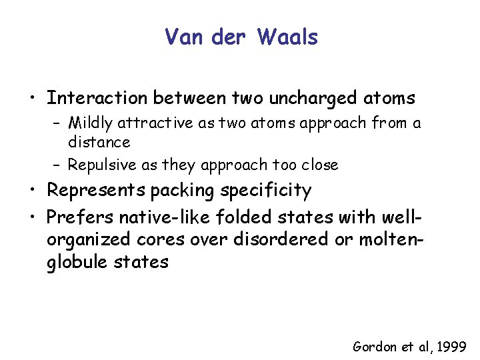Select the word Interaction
tap(97, 99)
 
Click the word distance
tap(99, 142)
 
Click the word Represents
tap(96, 191)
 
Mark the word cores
tap(166, 239)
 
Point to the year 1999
tap(453, 347)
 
